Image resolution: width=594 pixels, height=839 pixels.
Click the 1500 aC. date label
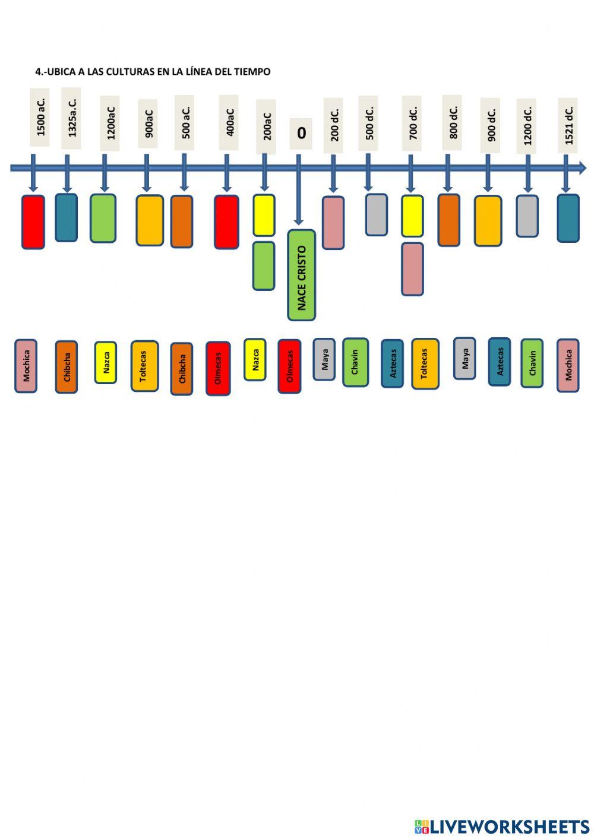(40, 117)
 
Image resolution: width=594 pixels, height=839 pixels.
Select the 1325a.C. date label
(71, 118)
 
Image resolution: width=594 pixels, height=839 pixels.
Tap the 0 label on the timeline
(301, 134)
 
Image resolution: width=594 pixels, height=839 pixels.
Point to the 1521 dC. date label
(568, 125)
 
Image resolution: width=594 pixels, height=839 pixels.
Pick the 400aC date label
(229, 122)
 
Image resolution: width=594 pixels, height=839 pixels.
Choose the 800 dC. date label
(452, 122)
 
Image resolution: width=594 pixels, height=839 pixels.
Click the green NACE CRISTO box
(301, 276)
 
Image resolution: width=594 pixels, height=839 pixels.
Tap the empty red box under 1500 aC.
(33, 221)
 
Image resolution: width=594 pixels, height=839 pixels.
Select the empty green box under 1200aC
(103, 218)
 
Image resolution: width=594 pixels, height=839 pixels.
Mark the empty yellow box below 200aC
(264, 216)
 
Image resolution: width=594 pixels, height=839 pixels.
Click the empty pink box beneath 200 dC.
(333, 223)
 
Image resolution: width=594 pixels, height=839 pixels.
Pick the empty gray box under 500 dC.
(376, 214)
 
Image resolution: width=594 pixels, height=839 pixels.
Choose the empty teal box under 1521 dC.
(568, 218)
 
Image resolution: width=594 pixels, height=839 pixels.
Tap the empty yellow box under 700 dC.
(412, 216)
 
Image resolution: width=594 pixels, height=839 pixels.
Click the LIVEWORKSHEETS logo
(502, 827)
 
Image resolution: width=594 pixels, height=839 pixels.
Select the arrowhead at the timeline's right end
(582, 168)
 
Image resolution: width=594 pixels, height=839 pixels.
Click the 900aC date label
(148, 124)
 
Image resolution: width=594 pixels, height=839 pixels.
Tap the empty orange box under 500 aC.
(182, 221)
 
